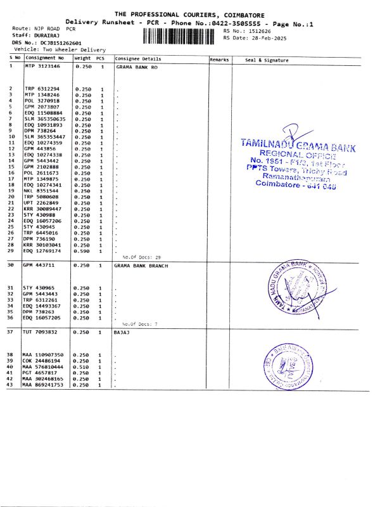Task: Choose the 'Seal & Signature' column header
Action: [x=267, y=60]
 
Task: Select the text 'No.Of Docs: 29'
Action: [x=141, y=257]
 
